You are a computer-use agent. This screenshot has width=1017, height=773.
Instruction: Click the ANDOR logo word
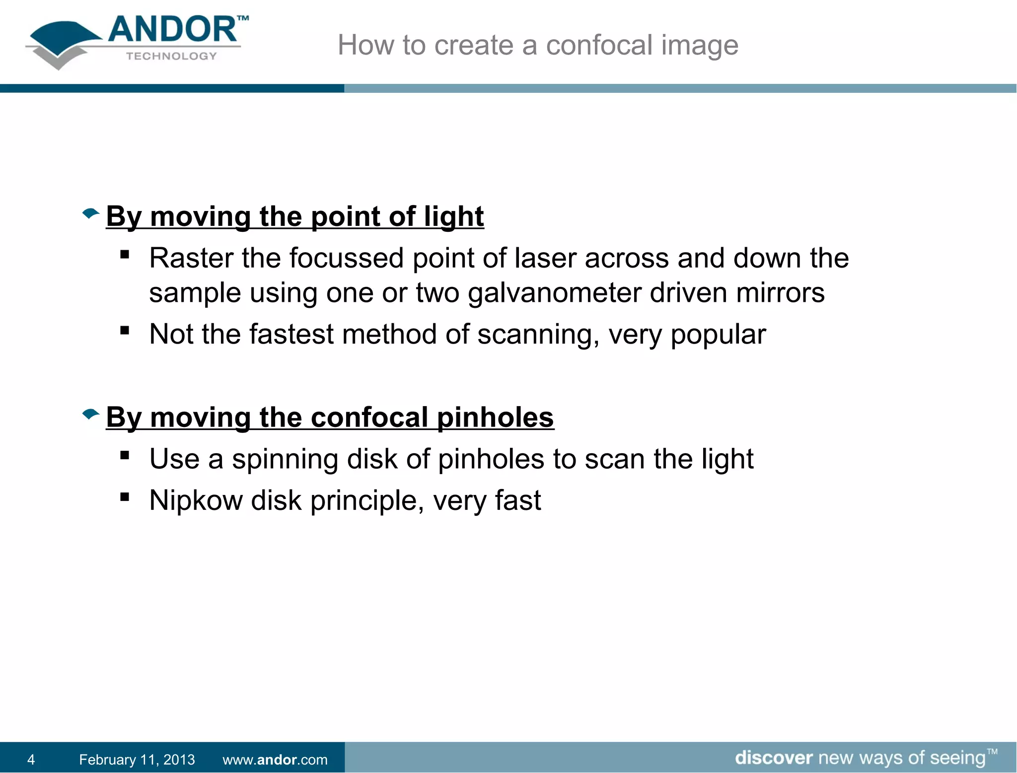(x=172, y=30)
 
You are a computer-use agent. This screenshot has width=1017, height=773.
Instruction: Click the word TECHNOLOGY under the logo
(x=171, y=56)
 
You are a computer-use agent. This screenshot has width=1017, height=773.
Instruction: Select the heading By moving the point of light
(x=294, y=217)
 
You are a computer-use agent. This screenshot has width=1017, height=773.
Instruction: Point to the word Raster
(x=191, y=259)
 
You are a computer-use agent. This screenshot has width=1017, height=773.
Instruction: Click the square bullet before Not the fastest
(x=125, y=330)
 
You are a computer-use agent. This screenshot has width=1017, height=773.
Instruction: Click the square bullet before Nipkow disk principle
(x=125, y=496)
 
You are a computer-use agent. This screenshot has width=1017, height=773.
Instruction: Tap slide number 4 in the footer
(x=31, y=759)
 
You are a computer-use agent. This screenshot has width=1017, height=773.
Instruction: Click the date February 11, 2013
(x=137, y=759)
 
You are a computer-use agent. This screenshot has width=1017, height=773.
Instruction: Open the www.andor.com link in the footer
(x=275, y=759)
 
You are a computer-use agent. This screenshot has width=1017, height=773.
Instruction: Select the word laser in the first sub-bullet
(x=544, y=259)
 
